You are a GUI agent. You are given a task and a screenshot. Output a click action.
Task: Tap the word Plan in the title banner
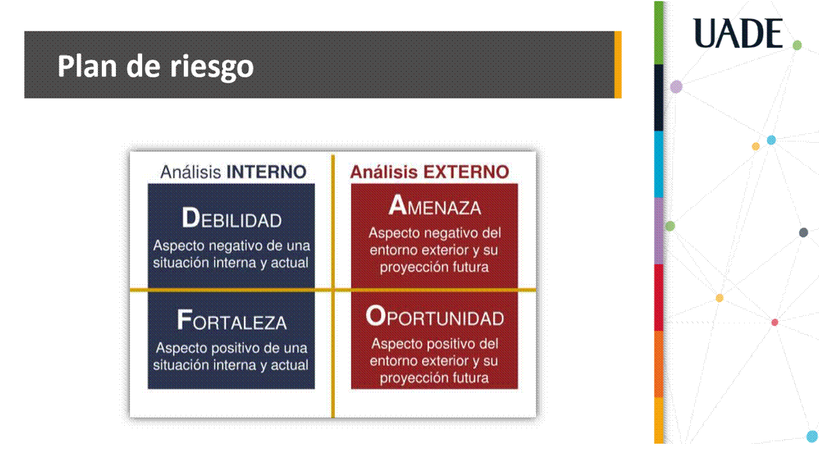(x=87, y=66)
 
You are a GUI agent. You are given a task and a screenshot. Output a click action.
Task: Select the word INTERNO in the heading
(x=266, y=172)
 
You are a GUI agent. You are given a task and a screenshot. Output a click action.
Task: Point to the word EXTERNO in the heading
(x=466, y=172)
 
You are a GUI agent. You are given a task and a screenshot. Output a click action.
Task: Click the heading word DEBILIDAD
(x=231, y=218)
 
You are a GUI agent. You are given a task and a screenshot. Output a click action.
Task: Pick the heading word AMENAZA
(x=435, y=205)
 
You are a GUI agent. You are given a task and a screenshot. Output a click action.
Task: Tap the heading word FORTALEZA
(x=231, y=321)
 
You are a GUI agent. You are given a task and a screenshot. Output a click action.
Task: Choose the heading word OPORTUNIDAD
(x=435, y=316)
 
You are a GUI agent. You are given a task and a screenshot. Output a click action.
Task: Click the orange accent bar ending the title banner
(x=618, y=65)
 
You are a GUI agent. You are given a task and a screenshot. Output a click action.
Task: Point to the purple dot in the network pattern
(x=676, y=86)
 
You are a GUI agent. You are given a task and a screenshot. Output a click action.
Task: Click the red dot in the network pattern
(x=775, y=323)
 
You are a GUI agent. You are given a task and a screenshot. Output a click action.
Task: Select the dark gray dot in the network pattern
(x=803, y=232)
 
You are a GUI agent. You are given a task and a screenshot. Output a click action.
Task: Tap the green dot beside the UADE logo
(x=797, y=45)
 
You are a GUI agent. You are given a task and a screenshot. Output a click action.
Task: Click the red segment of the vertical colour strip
(x=658, y=298)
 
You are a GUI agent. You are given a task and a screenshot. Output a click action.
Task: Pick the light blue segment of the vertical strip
(x=658, y=165)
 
